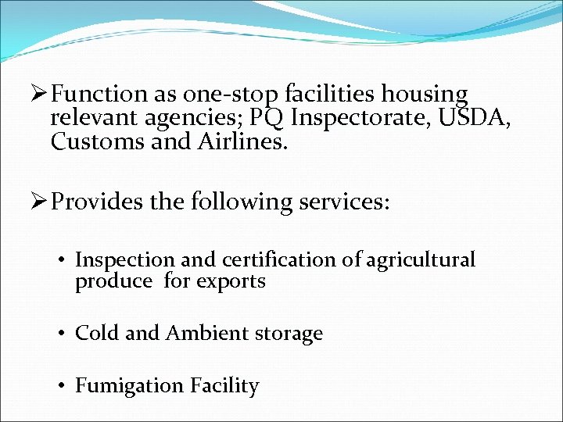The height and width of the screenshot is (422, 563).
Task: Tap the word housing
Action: click(x=425, y=95)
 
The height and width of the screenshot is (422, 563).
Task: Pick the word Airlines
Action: click(x=246, y=142)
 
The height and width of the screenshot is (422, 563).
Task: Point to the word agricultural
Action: click(x=422, y=260)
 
